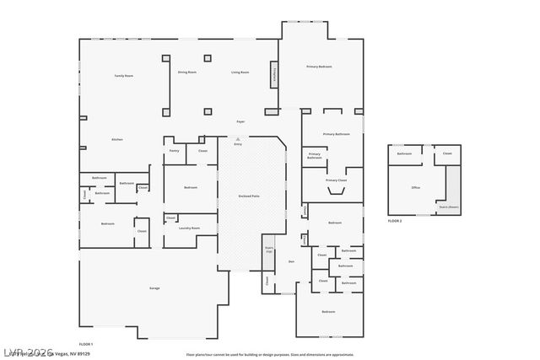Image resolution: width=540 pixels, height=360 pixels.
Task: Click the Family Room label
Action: pos(124,76)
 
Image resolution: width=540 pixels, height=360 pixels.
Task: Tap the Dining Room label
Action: pos(187,73)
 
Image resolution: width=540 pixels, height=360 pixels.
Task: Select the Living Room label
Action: pos(240,73)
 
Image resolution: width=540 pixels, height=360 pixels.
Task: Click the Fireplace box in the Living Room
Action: pos(274,74)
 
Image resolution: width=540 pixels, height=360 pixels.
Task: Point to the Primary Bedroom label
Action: pos(319,67)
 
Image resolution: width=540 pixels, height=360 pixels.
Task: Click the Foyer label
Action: pos(240,122)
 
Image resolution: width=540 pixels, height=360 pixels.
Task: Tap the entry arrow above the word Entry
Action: pos(238,137)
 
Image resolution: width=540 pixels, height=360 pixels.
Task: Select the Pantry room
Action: pos(174,151)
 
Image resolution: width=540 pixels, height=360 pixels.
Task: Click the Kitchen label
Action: pos(117,139)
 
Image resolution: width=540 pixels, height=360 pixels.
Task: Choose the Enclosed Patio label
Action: pos(249,196)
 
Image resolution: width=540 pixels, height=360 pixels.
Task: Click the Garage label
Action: pos(154,288)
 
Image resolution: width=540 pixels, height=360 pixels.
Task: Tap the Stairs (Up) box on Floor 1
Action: pos(268,250)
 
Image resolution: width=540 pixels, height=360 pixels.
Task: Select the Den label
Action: pos(291,261)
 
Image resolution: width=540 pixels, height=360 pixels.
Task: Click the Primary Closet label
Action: pos(337,180)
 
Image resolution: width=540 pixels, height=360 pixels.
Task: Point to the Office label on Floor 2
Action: pos(415,188)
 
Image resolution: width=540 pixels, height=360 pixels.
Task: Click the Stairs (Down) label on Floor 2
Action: pos(449,206)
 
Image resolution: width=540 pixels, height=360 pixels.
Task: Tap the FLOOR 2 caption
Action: pos(395,220)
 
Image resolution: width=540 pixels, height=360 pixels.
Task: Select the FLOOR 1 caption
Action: pos(85,344)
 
